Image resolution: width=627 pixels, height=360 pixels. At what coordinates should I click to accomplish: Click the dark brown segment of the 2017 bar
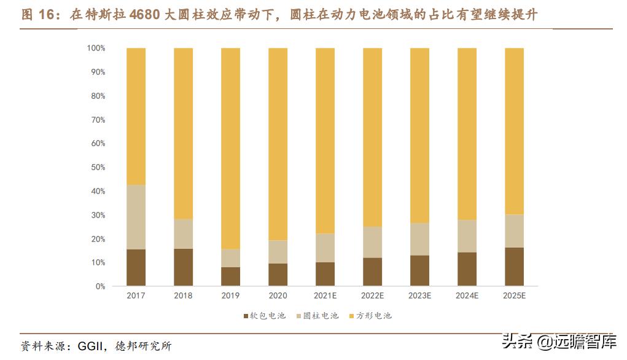pos(136,267)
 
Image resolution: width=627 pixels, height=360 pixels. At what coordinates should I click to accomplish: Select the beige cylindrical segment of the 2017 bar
pos(136,217)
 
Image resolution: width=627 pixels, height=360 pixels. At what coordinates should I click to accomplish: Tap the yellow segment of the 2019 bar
pos(230,147)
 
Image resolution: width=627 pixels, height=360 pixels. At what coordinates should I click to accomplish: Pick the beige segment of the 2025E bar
pos(514,231)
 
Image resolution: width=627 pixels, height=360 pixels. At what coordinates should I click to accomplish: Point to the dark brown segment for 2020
pos(278,275)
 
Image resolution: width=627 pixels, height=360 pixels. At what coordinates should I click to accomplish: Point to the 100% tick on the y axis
pos(96,48)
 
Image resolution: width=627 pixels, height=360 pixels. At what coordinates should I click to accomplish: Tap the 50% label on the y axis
pos(98,167)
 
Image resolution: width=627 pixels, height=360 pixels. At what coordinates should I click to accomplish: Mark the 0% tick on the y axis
pos(100,286)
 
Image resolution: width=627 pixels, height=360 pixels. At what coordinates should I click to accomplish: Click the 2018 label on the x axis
pos(183,296)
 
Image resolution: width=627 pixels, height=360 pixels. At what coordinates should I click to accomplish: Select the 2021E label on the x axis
pos(325,296)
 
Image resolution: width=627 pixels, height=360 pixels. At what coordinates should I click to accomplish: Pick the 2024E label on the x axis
pos(467,296)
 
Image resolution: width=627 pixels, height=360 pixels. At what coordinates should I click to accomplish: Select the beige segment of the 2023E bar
pos(419,239)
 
